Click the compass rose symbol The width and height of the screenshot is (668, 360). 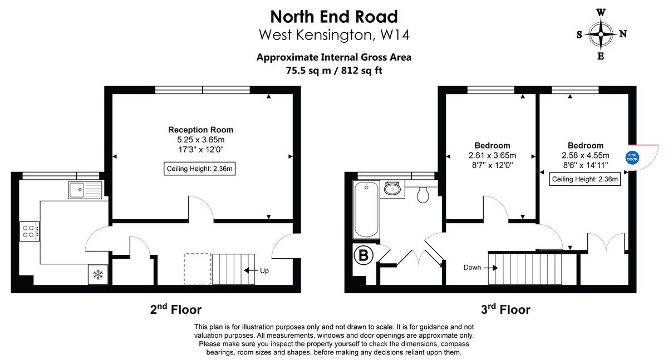pos(601,34)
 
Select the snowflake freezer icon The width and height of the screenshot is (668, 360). pos(98,274)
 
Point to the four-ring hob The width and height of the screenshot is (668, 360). pos(30,231)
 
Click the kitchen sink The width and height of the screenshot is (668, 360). pos(85,190)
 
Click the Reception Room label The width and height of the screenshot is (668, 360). pos(200,130)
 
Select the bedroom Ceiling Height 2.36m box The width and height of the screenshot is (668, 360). pos(584,179)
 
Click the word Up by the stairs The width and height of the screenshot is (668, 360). pos(265,271)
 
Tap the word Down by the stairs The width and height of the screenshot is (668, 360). pos(472,268)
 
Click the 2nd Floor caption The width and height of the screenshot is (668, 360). pos(176,309)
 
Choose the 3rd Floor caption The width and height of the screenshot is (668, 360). pos(505,309)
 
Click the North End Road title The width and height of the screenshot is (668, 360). pos(333,16)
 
